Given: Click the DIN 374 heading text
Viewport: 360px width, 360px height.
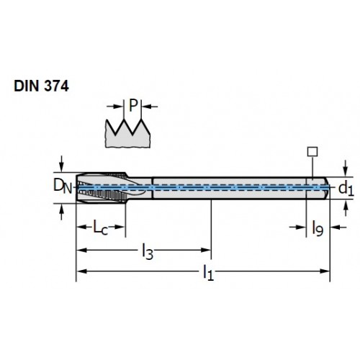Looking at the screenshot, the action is [41, 86].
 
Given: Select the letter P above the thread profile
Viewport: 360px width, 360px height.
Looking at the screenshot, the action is [133, 105].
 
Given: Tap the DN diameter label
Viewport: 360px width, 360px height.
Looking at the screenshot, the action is [63, 186].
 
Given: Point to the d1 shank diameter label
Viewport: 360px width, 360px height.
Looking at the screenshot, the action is [346, 189].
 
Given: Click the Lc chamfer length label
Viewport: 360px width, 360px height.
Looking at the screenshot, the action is [101, 228].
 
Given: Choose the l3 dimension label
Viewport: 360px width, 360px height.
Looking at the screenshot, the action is [148, 251].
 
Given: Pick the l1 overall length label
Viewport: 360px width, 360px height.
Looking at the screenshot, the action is [208, 273].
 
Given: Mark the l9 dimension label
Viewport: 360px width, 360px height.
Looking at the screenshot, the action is [318, 228].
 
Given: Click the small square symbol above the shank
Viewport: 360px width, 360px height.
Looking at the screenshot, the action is [312, 152].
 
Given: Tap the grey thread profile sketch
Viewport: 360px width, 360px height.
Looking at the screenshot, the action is [127, 135].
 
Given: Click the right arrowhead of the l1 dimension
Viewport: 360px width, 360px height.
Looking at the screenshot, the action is [325, 271].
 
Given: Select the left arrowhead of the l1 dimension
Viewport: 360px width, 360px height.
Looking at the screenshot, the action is [81, 271].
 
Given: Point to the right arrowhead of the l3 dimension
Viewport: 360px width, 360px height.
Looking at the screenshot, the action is [207, 251].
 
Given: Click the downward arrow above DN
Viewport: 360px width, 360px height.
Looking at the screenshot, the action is [61, 164].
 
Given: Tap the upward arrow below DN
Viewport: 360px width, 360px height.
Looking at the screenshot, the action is [61, 212].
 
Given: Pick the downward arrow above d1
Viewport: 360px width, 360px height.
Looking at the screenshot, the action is [346, 168].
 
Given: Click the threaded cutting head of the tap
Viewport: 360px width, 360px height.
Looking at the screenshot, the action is [102, 188].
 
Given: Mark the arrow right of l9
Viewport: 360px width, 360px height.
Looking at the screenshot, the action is [338, 227].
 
